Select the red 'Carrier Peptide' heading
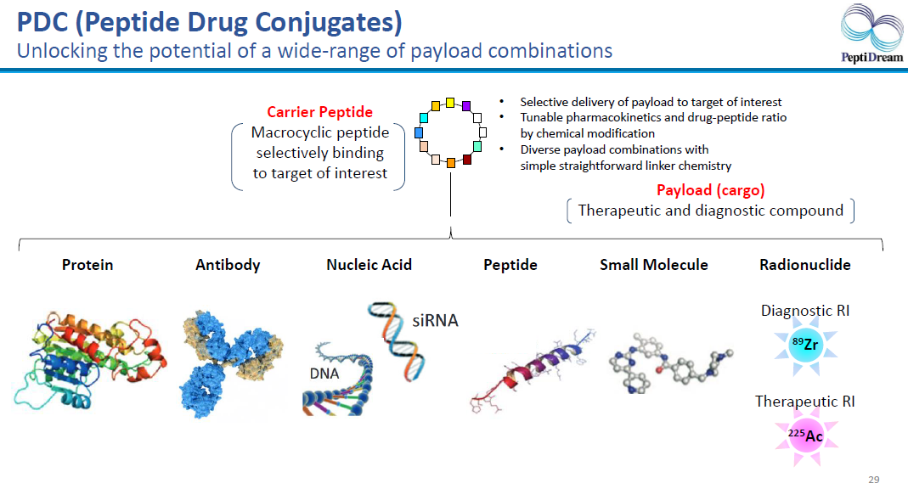319,112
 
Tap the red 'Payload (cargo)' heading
710,189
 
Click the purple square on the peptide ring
465,104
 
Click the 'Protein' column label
87,265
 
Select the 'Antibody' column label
228,265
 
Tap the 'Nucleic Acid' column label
369,265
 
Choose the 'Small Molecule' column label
653,265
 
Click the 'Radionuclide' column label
804,265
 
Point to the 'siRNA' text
435,321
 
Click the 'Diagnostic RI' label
804,311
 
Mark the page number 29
874,480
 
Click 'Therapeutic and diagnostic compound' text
710,211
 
